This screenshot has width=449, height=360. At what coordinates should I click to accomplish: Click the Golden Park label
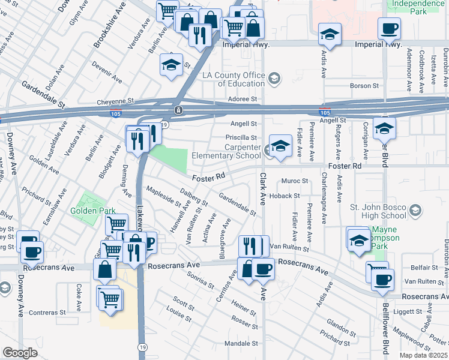click(x=88, y=211)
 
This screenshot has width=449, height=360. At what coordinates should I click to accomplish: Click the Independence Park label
click(x=418, y=7)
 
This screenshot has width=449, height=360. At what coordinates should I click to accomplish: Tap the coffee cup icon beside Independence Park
click(x=389, y=28)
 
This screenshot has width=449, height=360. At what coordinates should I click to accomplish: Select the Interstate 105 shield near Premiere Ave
click(x=324, y=112)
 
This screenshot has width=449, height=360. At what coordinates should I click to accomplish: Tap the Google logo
click(x=20, y=353)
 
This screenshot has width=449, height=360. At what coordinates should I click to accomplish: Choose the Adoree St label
click(x=246, y=99)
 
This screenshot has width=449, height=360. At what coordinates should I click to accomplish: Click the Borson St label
click(x=364, y=86)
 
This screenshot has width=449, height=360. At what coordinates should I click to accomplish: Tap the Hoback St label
click(x=284, y=196)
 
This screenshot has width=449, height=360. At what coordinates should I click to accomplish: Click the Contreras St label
click(x=46, y=313)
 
